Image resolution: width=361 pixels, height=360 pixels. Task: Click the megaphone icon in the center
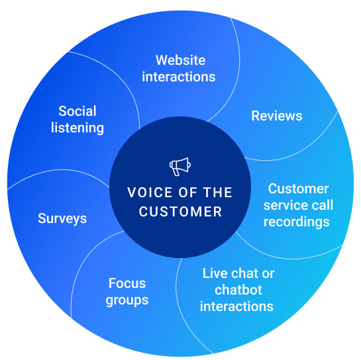tap(180, 167)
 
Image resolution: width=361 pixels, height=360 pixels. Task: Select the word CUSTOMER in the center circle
tap(180, 212)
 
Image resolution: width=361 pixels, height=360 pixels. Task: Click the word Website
tap(180, 60)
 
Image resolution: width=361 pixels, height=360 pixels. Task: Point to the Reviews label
tap(277, 116)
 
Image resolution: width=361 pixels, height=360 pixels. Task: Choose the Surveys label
tap(62, 218)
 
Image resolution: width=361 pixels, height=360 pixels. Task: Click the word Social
tap(77, 111)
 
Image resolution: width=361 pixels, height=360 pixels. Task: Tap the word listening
tap(77, 128)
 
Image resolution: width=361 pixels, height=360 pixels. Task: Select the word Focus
tap(127, 283)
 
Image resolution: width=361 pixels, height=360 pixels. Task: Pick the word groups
tap(127, 300)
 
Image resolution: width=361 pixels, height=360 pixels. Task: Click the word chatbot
tap(238, 290)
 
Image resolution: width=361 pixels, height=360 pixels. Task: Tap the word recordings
tap(297, 222)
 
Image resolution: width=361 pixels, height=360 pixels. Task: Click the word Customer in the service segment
tap(298, 189)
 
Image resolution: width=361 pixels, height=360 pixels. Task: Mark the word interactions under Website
tap(179, 77)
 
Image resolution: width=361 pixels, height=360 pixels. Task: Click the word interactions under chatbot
tap(236, 306)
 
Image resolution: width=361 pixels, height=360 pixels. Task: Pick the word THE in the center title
tap(217, 193)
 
